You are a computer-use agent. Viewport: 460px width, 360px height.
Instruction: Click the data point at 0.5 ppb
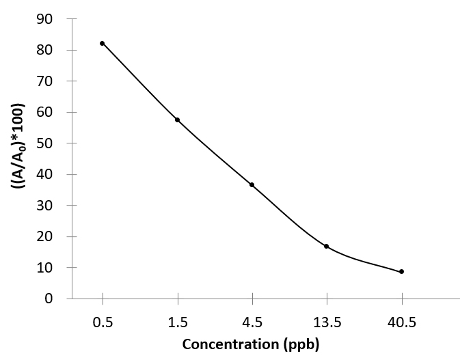(103, 43)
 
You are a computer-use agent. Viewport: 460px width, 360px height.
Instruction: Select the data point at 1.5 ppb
(177, 120)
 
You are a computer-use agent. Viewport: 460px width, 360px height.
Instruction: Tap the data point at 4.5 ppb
(252, 184)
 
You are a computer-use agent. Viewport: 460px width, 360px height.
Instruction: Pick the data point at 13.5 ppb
(327, 246)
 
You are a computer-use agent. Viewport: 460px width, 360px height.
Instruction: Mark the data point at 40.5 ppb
(401, 271)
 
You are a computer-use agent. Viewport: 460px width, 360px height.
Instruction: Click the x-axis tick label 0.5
(103, 319)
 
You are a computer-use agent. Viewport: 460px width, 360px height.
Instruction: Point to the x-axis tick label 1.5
(177, 319)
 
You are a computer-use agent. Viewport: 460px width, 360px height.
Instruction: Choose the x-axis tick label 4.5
(252, 319)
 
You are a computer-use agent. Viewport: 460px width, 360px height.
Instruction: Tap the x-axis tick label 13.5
(327, 319)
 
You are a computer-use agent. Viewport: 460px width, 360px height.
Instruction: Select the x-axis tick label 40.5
(401, 319)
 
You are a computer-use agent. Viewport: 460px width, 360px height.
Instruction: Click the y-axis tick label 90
(46, 18)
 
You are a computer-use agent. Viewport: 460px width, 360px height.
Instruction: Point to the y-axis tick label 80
(46, 50)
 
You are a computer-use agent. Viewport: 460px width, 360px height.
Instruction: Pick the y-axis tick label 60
(46, 112)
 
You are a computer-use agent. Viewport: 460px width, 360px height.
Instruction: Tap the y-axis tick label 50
(46, 143)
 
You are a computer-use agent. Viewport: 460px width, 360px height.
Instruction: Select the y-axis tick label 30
(46, 206)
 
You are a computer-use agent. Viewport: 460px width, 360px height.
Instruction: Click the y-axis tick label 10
(46, 268)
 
